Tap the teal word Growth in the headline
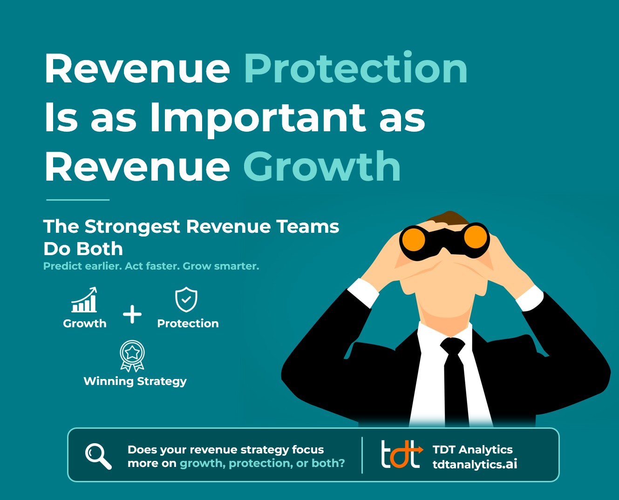point(322,167)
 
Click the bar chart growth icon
point(84,300)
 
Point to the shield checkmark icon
point(186,299)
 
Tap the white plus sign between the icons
point(132,314)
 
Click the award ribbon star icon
point(132,356)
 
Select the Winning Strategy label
point(135,382)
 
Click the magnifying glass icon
point(98,456)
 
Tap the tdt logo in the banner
point(401,454)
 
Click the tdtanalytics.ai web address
point(475,464)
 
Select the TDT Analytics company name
point(473,450)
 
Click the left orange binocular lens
point(414,240)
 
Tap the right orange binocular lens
point(476,237)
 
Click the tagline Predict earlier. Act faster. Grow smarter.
point(151,266)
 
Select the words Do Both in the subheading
point(83,249)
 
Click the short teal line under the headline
point(78,200)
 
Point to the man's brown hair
point(449,218)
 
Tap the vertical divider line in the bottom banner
point(362,455)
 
